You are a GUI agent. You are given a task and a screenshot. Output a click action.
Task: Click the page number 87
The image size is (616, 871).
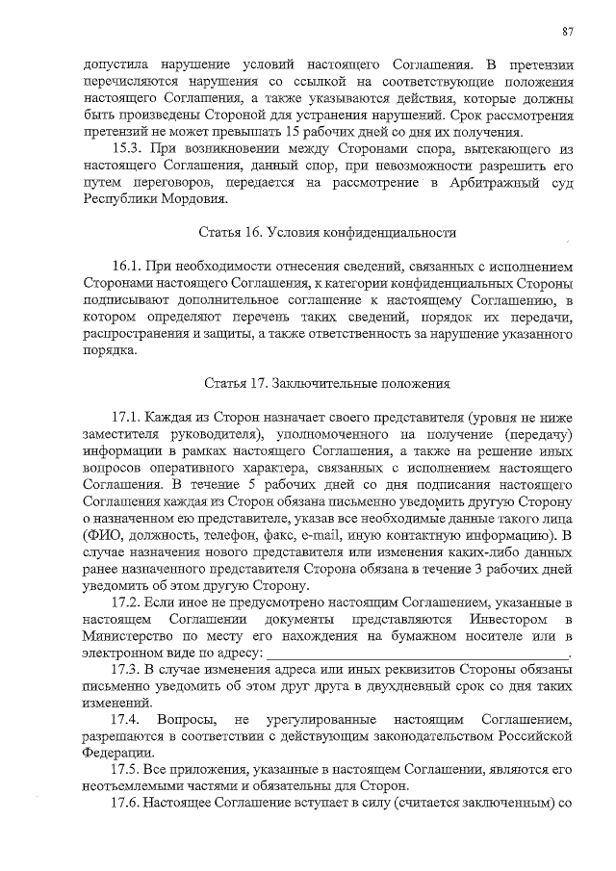coord(568,32)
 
